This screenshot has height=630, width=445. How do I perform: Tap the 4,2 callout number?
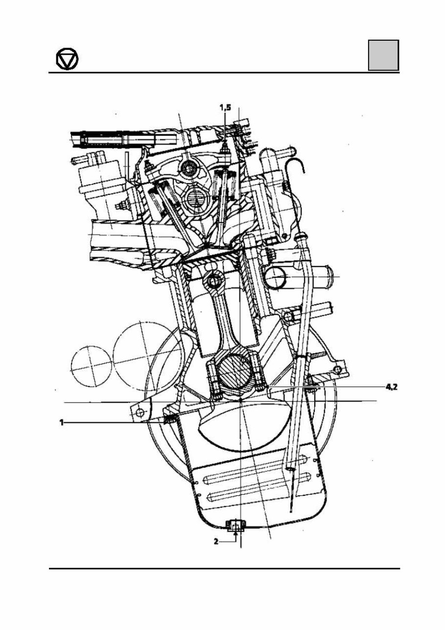391,387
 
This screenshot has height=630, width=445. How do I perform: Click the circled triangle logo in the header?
67,60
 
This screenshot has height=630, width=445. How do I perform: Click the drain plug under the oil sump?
236,527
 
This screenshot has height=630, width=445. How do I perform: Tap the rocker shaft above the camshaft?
188,170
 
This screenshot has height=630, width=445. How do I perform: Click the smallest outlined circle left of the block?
92,365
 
